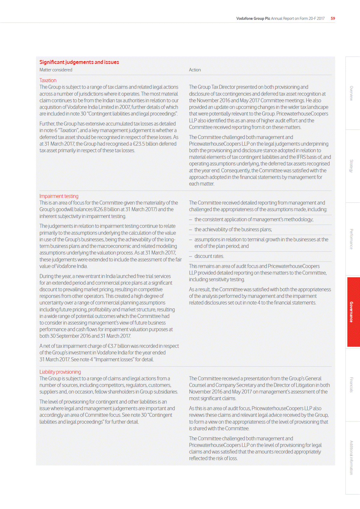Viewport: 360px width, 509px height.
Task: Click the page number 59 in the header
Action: (333, 18)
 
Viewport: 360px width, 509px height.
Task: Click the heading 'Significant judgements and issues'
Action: (79, 62)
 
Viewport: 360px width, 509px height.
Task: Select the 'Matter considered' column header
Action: (56, 70)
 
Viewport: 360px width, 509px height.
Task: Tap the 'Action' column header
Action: (195, 70)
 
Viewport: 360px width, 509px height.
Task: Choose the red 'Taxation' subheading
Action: (48, 80)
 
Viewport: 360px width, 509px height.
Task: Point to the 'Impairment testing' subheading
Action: (59, 196)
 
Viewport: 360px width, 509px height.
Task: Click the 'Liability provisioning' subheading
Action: (60, 372)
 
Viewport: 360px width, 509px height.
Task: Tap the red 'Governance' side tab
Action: (351, 312)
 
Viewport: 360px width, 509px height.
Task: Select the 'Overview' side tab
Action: (351, 93)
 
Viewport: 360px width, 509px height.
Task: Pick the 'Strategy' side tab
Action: (351, 166)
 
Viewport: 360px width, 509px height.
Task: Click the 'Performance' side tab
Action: (351, 239)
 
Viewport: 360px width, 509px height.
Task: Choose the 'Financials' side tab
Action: (351, 385)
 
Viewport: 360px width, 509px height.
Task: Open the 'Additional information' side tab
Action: (351, 457)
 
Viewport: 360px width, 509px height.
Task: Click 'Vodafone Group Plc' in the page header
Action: (253, 19)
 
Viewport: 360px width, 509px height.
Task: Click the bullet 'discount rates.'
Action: (209, 256)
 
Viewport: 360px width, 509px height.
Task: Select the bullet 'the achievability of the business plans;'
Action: (233, 229)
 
